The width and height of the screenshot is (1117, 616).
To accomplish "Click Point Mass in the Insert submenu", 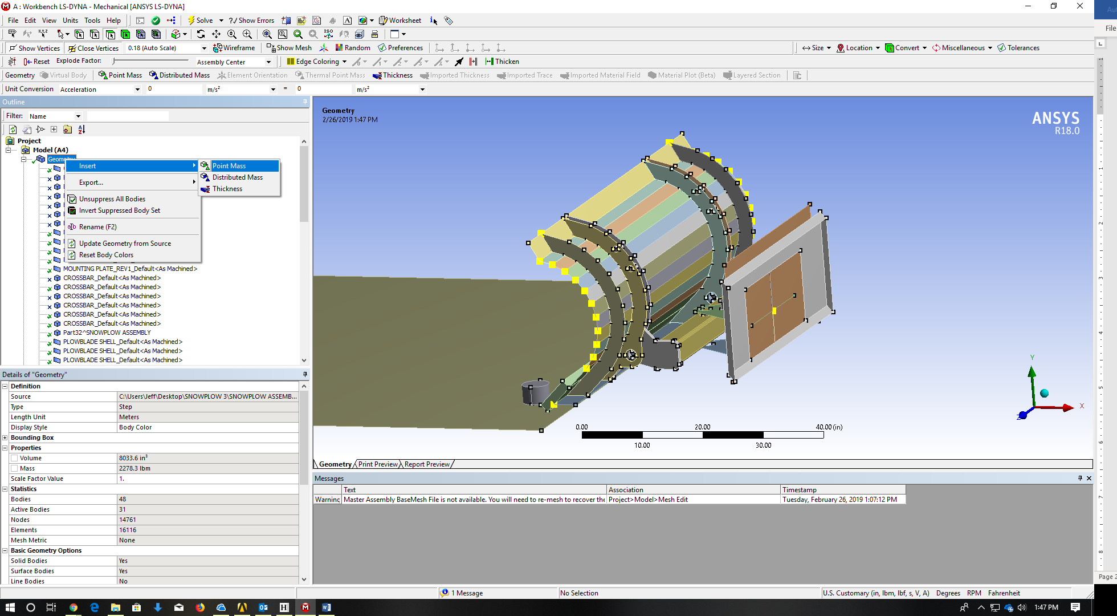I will pyautogui.click(x=229, y=166).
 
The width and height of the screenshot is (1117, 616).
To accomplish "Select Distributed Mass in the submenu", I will pyautogui.click(x=237, y=177).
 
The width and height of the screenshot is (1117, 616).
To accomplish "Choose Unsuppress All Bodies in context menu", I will pyautogui.click(x=112, y=199).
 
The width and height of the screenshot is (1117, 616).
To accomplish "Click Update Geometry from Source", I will pyautogui.click(x=125, y=244).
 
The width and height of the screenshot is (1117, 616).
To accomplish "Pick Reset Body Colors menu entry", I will pyautogui.click(x=106, y=255).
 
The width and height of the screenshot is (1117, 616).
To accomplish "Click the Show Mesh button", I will pyautogui.click(x=290, y=48).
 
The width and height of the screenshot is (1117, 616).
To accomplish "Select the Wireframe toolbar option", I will pyautogui.click(x=234, y=48).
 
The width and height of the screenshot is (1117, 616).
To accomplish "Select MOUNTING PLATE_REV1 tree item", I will pyautogui.click(x=130, y=269).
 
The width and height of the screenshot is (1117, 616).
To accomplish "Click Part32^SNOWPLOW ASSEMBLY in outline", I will pyautogui.click(x=107, y=333).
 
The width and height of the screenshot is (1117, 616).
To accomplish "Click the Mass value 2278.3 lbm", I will pyautogui.click(x=134, y=468).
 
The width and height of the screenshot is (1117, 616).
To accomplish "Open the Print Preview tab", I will pyautogui.click(x=378, y=464).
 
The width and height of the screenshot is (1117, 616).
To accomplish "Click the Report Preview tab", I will pyautogui.click(x=427, y=464).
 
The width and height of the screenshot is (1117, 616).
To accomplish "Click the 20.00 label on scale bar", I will pyautogui.click(x=702, y=427).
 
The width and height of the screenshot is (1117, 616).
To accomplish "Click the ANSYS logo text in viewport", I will pyautogui.click(x=1055, y=118).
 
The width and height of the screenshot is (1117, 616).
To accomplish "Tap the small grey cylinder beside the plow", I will pyautogui.click(x=535, y=392).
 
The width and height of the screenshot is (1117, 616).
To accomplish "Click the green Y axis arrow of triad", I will pyautogui.click(x=1032, y=373).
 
